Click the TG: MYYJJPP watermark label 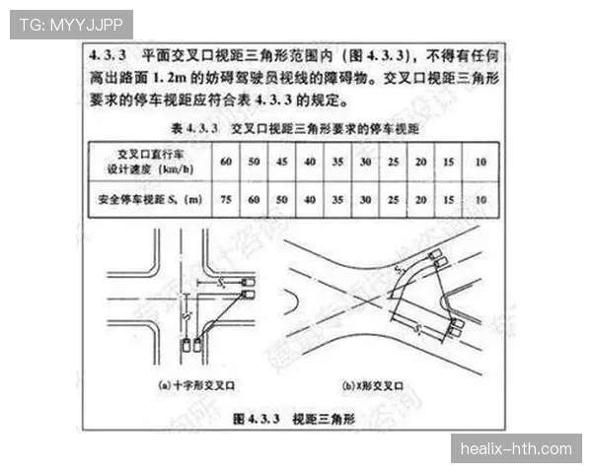tap(71, 24)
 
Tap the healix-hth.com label tap(516, 449)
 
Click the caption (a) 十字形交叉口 tap(194, 385)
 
